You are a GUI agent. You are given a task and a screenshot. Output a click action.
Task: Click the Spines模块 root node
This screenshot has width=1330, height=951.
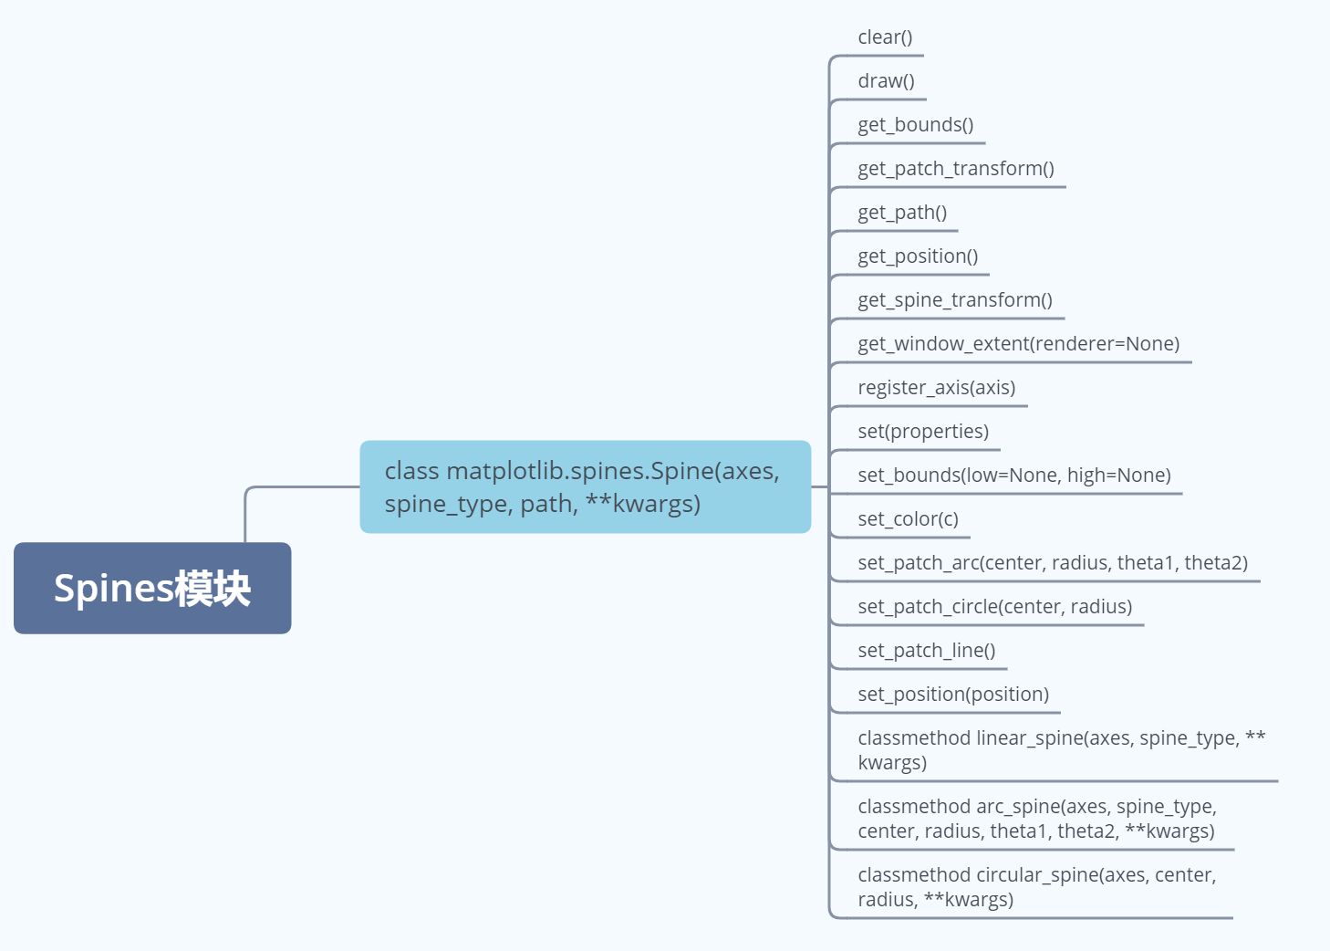[x=152, y=588]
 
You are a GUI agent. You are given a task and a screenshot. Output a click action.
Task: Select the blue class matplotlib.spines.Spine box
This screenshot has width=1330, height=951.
[x=585, y=486]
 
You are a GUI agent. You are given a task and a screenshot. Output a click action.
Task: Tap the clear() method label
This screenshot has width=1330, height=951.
[x=885, y=37]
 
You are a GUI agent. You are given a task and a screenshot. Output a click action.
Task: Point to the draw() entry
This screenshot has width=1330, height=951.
[x=886, y=81]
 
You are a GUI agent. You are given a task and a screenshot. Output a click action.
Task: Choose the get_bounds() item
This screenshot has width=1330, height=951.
[x=915, y=125]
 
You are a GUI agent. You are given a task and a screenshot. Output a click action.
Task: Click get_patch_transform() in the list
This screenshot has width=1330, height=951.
[x=955, y=169]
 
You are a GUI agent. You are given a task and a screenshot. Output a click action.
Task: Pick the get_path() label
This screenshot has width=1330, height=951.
[x=902, y=213]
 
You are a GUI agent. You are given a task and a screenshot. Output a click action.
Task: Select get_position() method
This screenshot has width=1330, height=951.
[x=918, y=256]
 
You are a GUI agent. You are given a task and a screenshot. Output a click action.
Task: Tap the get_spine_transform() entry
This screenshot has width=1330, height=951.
[x=954, y=300]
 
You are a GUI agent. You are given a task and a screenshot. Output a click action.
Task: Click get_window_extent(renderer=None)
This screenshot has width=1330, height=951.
[x=1018, y=344]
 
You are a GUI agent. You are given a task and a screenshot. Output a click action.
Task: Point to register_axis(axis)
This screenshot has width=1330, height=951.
[x=936, y=388]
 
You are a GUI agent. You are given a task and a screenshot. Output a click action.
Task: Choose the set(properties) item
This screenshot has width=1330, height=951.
[x=923, y=432]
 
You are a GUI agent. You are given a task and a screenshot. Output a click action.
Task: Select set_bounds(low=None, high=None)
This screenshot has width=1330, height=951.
[x=1013, y=475]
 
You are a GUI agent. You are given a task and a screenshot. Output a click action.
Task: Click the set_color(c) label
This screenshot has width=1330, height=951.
[x=908, y=519]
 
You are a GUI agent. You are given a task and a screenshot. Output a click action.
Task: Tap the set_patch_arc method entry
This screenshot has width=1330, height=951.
[x=1052, y=563]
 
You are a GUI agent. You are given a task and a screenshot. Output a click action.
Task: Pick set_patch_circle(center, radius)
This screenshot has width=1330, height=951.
[x=994, y=607]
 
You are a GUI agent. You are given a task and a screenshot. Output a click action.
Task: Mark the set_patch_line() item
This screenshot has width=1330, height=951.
[x=926, y=651]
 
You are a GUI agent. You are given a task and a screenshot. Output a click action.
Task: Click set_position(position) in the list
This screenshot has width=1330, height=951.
[x=953, y=695]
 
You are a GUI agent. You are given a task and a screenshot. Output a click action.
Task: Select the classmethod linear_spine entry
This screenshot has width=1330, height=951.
[x=1061, y=750]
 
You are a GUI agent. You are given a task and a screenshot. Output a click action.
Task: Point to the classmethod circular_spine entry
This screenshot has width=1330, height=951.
[x=1036, y=887]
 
